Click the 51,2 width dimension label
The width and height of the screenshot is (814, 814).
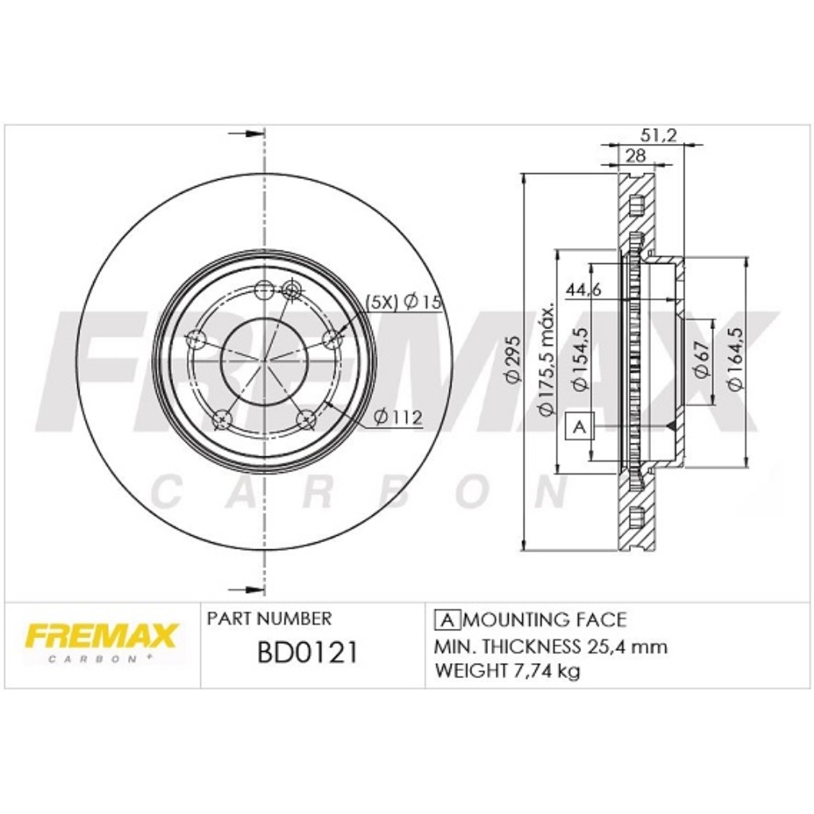[x=659, y=135]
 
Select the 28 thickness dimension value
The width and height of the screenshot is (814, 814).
[x=635, y=155]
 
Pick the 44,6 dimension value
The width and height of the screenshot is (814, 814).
[x=583, y=289]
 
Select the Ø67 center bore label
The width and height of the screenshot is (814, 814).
[x=701, y=359]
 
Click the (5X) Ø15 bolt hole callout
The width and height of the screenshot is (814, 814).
[x=404, y=301]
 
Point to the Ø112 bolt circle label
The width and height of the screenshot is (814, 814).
[x=397, y=417]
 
